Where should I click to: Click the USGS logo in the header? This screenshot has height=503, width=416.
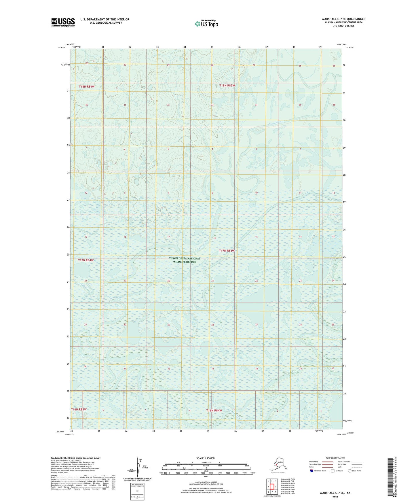point(63,22)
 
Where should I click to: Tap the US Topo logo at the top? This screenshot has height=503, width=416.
point(206,24)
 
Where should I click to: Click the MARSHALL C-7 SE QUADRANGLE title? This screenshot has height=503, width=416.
point(343,19)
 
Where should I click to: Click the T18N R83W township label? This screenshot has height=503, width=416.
point(227,86)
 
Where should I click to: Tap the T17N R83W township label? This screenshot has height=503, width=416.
point(227,251)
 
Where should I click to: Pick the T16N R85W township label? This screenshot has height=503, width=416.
point(79,409)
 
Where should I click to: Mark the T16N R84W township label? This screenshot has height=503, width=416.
point(214,410)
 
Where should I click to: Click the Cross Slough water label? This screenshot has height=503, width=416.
point(116,298)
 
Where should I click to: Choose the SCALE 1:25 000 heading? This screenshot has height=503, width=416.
point(205,458)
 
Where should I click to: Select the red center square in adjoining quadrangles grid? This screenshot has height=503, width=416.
point(272,487)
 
